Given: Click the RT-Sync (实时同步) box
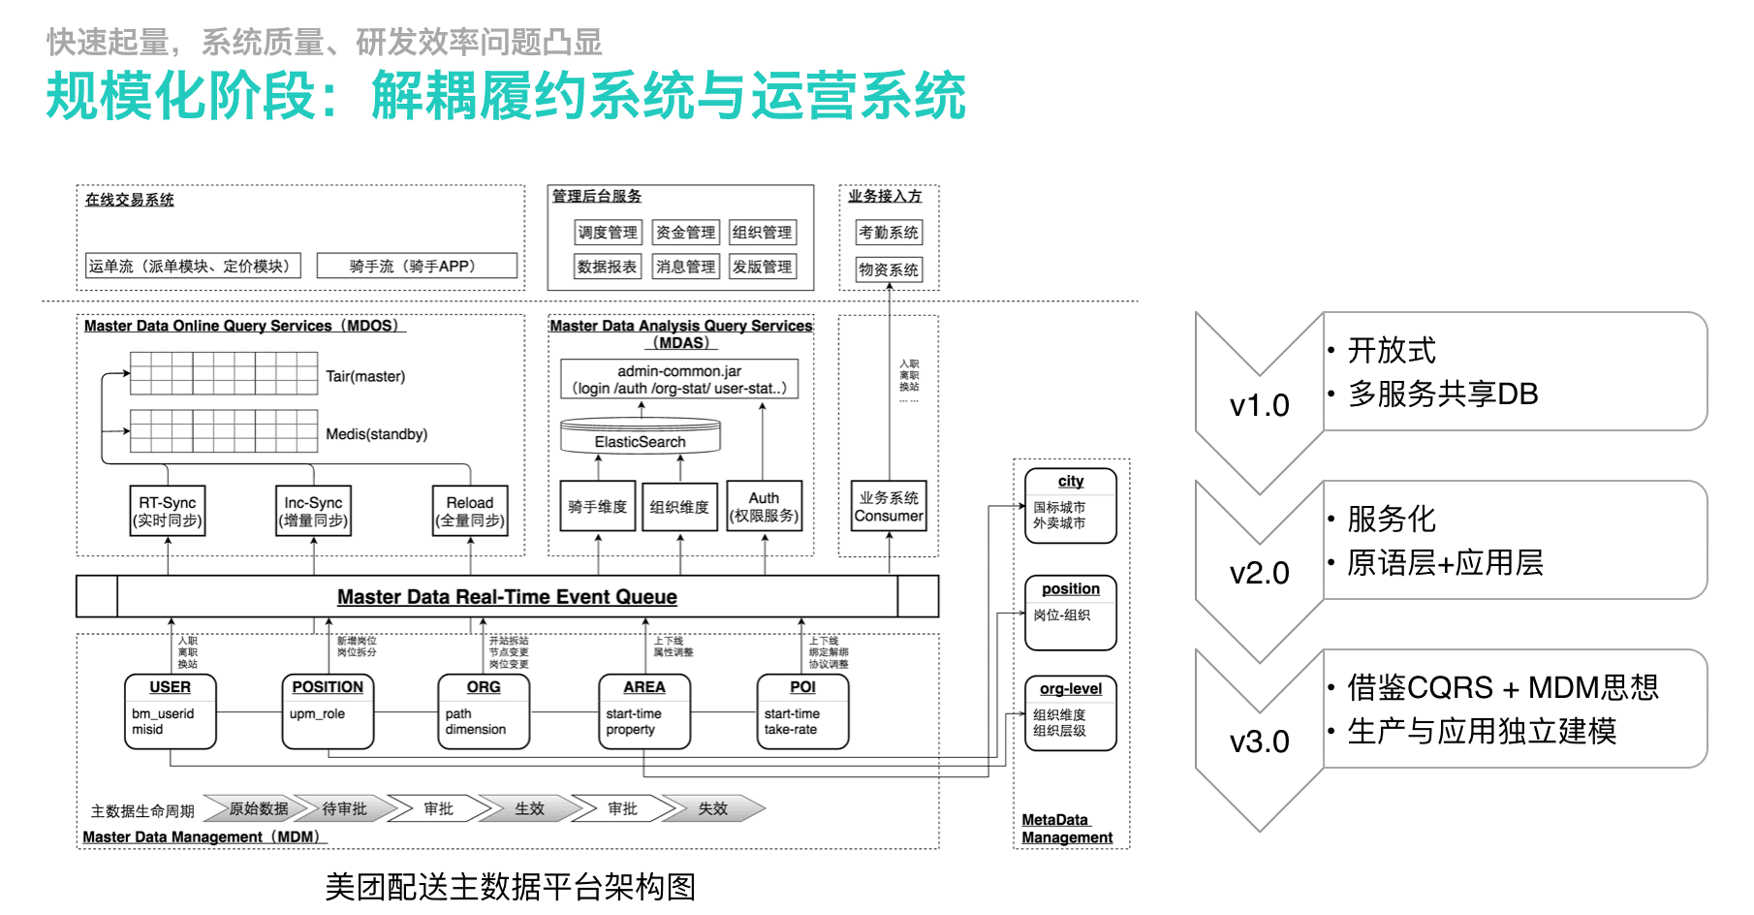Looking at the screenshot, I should pyautogui.click(x=168, y=511).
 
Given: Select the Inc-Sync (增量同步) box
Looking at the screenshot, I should pyautogui.click(x=313, y=511).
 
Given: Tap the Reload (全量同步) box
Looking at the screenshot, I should pyautogui.click(x=470, y=511).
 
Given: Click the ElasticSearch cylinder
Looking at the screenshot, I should pyautogui.click(x=641, y=437).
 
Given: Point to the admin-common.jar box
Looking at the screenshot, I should pyautogui.click(x=679, y=379).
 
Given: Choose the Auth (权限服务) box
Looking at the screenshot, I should pyautogui.click(x=764, y=506).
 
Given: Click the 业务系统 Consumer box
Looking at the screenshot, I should pyautogui.click(x=889, y=506).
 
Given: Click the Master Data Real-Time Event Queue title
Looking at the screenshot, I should pyautogui.click(x=507, y=597).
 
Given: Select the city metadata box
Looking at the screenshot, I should pyautogui.click(x=1071, y=505).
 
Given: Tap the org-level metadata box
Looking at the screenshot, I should pyautogui.click(x=1071, y=712).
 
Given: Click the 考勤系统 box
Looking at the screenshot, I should pyautogui.click(x=889, y=233).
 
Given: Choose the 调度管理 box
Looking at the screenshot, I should pyautogui.click(x=608, y=233).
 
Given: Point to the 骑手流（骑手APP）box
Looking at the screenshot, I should pyautogui.click(x=417, y=266).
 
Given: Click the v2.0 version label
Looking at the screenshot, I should pyautogui.click(x=1259, y=573).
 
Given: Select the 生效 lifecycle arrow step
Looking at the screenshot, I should pyautogui.click(x=529, y=808).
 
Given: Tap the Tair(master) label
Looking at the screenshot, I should pyautogui.click(x=365, y=376).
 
